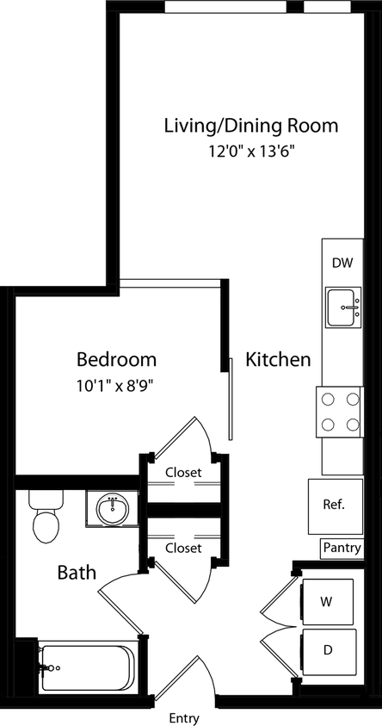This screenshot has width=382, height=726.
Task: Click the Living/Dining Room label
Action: [250, 126]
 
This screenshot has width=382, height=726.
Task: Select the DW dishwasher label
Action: [342, 263]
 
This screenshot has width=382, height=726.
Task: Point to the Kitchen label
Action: [278, 359]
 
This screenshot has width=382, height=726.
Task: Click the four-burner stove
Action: [341, 412]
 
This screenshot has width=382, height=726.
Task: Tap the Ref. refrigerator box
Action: [333, 504]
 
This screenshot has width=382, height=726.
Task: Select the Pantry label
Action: [342, 547]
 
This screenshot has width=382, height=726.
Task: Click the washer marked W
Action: [327, 599]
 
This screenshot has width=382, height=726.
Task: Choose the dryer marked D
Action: [327, 649]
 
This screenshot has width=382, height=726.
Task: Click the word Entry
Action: [184, 717]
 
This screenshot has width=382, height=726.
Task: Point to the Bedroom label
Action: [116, 359]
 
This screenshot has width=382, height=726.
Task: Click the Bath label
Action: [77, 572]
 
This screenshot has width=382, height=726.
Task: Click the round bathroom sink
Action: [113, 510]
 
